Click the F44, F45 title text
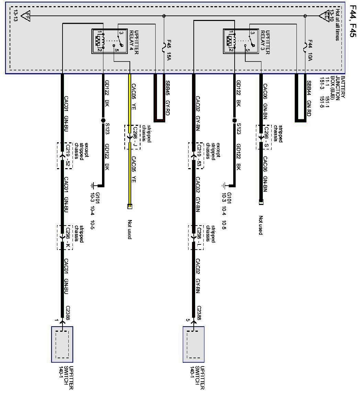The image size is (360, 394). click(353, 21)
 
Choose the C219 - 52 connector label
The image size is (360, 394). click(67, 155)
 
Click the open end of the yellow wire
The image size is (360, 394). click(130, 207)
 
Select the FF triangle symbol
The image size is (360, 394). click(25, 16)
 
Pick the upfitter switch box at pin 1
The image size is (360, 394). click(62, 344)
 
